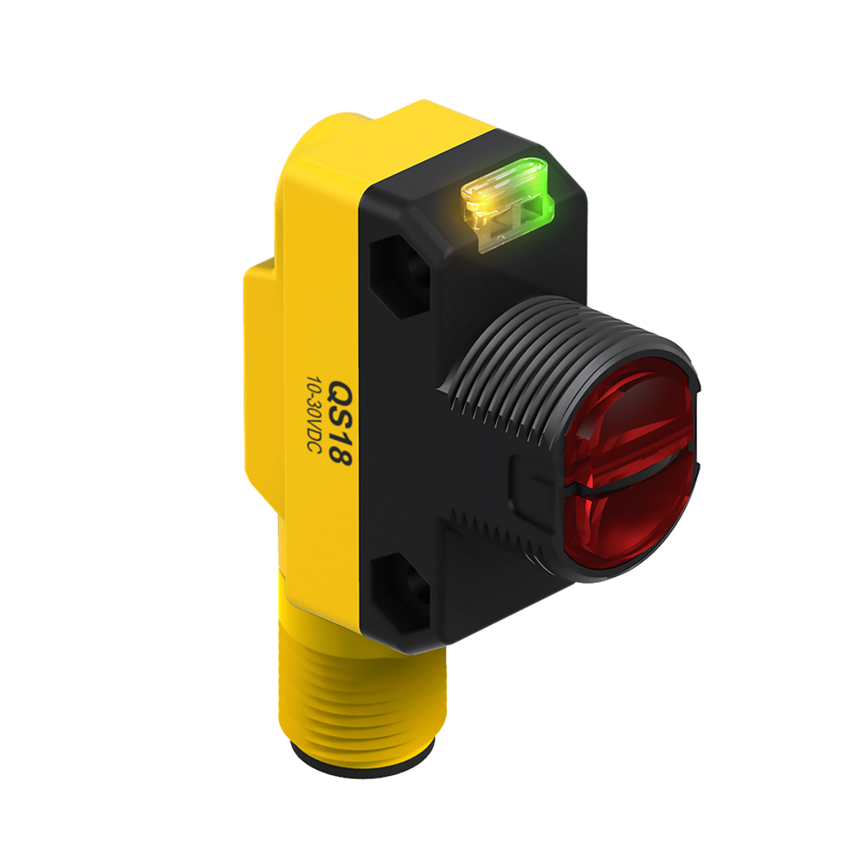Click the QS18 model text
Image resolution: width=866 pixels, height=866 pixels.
340,423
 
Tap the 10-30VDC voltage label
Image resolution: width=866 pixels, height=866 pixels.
314,415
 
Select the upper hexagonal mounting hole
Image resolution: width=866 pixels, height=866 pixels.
399,275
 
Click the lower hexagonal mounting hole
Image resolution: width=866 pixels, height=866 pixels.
399,595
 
